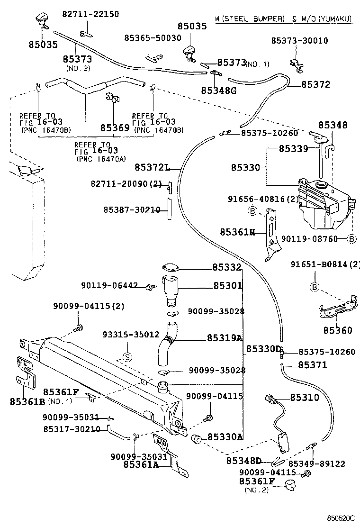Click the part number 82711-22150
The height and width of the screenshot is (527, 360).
[90, 15]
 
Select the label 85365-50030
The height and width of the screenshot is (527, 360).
[153, 37]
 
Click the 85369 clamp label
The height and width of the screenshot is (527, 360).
[115, 128]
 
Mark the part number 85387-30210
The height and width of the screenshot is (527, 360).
[132, 209]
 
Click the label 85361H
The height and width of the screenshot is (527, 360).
[237, 232]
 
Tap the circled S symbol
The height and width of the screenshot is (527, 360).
[126, 356]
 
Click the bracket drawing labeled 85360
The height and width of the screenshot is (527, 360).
[337, 308]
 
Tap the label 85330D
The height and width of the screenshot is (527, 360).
[263, 350]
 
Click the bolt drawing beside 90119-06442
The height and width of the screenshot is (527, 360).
[151, 287]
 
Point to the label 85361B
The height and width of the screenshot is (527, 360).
[27, 401]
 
